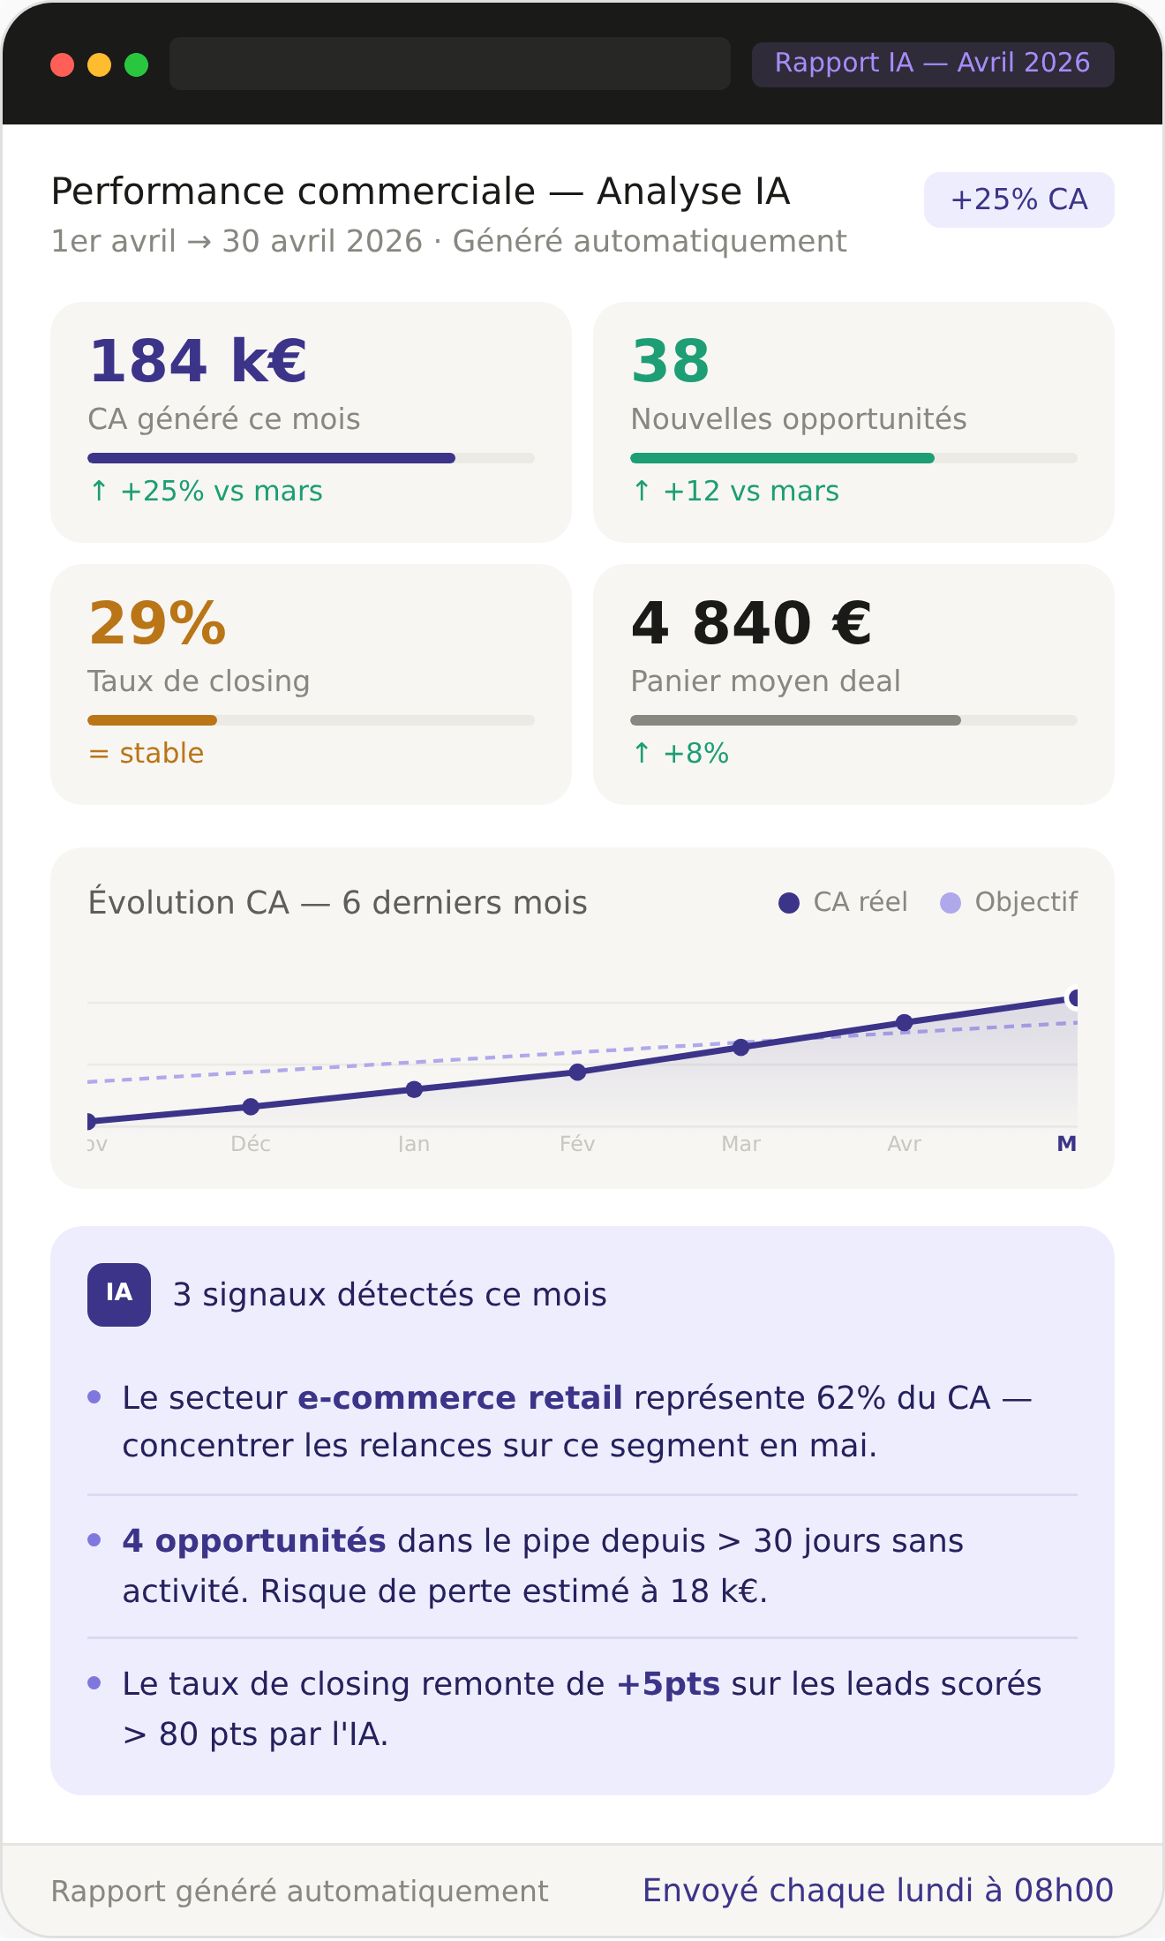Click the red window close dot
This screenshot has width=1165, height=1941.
pos(62,64)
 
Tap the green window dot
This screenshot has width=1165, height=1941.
pos(136,64)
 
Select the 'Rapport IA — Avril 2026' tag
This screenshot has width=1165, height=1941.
pos(933,64)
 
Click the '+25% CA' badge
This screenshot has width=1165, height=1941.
pos(1019,199)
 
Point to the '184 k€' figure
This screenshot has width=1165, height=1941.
pos(198,361)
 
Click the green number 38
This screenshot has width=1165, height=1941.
pos(671,361)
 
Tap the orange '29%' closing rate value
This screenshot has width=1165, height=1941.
pos(158,623)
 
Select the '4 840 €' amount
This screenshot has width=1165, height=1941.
pos(752,623)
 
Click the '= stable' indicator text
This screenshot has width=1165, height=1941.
pos(146,753)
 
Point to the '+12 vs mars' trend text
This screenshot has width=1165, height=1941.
pos(736,491)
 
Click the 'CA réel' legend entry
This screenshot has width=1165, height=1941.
pos(843,902)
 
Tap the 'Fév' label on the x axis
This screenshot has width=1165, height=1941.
pos(577,1144)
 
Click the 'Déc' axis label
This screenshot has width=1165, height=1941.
pos(251,1144)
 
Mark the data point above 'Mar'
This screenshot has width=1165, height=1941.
pos(741,1047)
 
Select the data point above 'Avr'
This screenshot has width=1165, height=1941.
pos(905,1023)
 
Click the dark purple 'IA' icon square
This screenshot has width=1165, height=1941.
pos(119,1295)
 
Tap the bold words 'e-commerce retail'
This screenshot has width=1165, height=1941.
pos(461,1398)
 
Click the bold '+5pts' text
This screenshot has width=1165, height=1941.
pos(668,1684)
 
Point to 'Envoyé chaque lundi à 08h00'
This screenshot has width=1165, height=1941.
pos(878,1891)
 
